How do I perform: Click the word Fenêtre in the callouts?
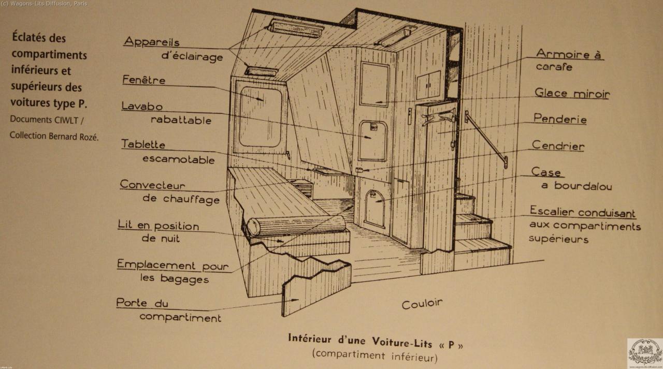click(x=143, y=80)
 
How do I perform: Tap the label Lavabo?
click(x=142, y=106)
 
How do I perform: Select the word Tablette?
click(x=143, y=144)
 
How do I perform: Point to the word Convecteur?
click(x=152, y=185)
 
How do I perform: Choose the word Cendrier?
click(x=558, y=146)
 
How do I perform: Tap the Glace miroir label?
click(x=572, y=94)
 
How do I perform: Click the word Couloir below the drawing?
click(x=422, y=304)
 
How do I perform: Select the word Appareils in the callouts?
click(x=151, y=42)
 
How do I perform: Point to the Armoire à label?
click(x=569, y=54)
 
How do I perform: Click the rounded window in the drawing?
click(x=260, y=116)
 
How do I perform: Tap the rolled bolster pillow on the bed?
click(x=296, y=225)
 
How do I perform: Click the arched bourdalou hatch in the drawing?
click(x=375, y=208)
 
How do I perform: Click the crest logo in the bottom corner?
click(x=644, y=352)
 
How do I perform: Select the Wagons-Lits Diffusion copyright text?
click(x=44, y=4)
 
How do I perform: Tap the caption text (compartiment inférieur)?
click(x=374, y=356)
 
